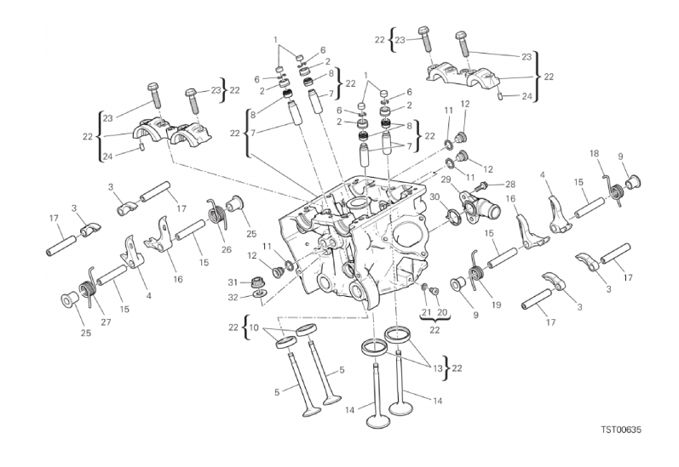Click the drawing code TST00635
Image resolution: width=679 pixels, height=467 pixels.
(x=619, y=430)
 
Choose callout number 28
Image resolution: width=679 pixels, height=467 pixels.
(x=510, y=184)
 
